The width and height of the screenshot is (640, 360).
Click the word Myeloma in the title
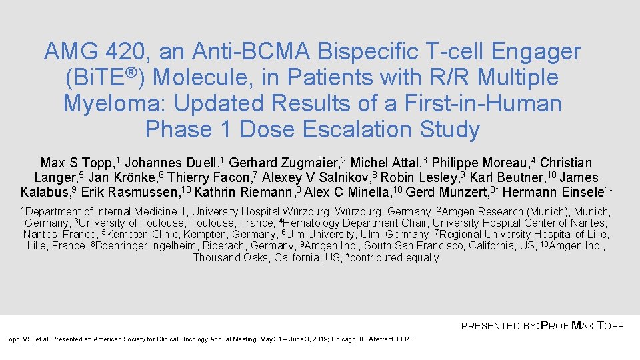click(111, 103)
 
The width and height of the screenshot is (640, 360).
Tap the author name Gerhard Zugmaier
click(285, 163)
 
